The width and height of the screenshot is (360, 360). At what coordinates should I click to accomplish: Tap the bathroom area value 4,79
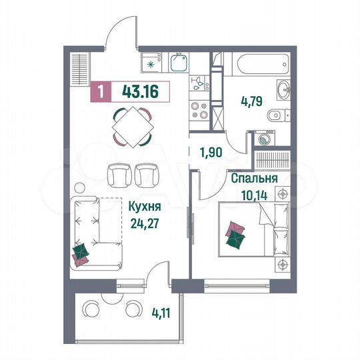pos(254,103)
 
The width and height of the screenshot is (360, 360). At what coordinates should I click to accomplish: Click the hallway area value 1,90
pos(211,151)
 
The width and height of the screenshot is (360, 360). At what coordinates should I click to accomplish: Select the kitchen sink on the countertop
pos(177,63)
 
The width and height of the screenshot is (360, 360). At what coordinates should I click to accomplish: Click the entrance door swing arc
pos(123,30)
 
